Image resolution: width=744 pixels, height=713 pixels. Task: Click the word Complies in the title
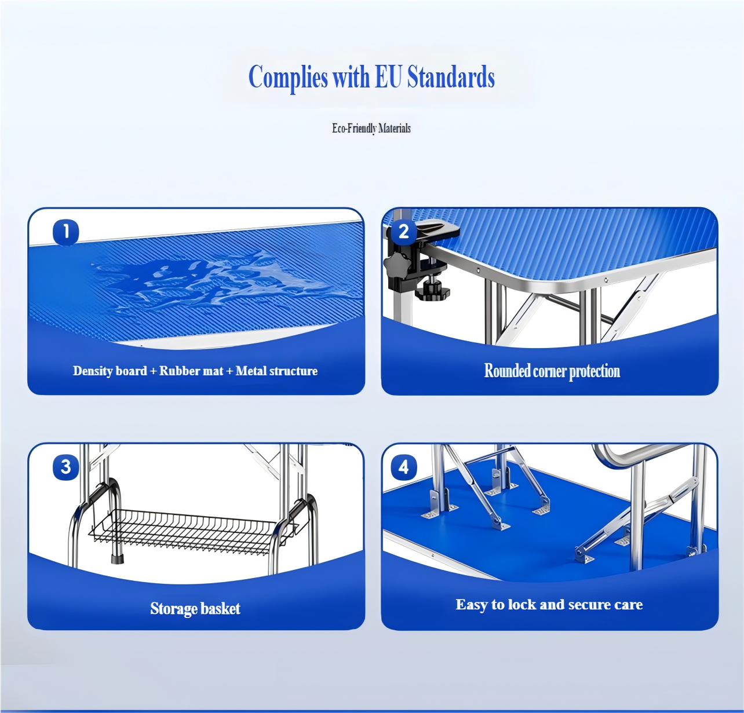pyautogui.click(x=289, y=78)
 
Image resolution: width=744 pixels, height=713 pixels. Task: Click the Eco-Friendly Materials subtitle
pyautogui.click(x=371, y=129)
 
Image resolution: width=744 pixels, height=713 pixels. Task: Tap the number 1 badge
pyautogui.click(x=65, y=232)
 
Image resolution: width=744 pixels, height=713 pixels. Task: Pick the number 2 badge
pyautogui.click(x=404, y=232)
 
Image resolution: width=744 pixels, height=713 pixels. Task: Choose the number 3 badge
pyautogui.click(x=65, y=466)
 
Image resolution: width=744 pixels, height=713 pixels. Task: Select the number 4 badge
pyautogui.click(x=404, y=467)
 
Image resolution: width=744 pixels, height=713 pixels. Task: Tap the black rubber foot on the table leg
pyautogui.click(x=118, y=559)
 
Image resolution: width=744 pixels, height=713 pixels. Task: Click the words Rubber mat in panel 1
pyautogui.click(x=191, y=371)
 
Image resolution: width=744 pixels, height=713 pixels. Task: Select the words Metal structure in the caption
pyautogui.click(x=276, y=371)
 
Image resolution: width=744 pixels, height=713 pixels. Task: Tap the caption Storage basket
pyautogui.click(x=195, y=609)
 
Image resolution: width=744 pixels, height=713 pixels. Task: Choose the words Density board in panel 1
pyautogui.click(x=110, y=371)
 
